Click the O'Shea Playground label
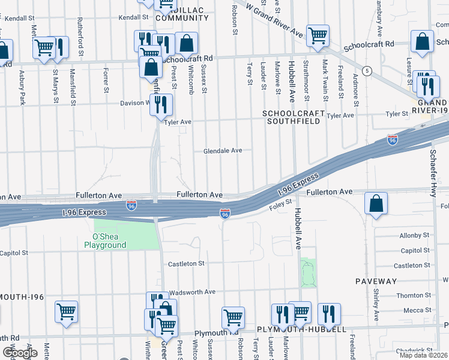[x=105, y=240]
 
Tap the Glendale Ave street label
[x=222, y=151]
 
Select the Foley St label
[x=280, y=206]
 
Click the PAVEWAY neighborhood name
[x=376, y=281]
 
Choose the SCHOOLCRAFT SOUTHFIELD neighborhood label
[x=294, y=117]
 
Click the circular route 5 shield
[x=367, y=71]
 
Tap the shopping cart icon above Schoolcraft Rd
[x=317, y=35]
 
